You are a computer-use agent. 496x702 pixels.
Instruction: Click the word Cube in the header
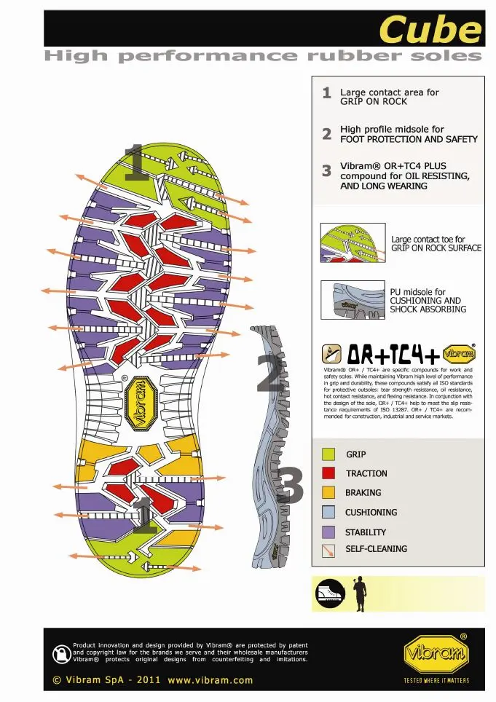tap(430, 31)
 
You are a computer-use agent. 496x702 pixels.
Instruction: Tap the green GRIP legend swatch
tap(328, 454)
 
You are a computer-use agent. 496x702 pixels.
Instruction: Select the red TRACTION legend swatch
tap(328, 473)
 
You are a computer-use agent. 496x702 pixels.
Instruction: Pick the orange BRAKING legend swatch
tap(328, 493)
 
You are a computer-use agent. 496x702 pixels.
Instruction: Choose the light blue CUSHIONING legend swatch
tap(328, 513)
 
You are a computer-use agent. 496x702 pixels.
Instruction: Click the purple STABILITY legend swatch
tap(328, 532)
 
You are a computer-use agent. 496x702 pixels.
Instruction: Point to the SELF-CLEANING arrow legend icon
tap(328, 550)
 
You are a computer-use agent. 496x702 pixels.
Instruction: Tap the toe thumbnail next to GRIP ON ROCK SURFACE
tap(353, 243)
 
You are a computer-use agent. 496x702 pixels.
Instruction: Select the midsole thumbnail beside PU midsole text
tap(353, 299)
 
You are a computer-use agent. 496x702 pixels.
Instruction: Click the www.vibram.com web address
tap(210, 680)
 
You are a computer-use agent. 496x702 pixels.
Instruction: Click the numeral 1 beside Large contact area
tap(327, 93)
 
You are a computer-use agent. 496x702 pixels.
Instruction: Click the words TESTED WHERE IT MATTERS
tap(436, 682)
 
